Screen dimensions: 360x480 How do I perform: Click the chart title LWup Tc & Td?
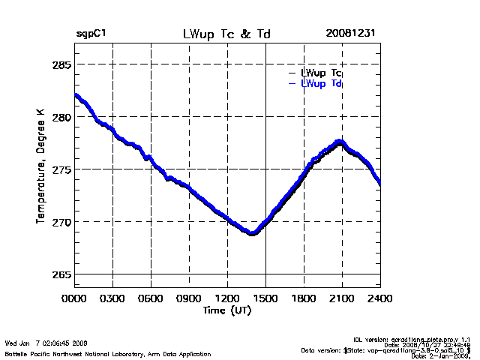226,34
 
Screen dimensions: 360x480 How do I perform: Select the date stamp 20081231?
350,34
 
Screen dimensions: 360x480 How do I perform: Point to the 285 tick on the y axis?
60,64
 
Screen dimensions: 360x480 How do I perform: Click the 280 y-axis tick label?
60,117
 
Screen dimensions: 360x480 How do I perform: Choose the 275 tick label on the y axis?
60,169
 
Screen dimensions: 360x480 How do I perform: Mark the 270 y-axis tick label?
60,222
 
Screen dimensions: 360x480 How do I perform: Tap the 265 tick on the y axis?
60,274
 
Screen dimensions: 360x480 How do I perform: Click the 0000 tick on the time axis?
74,298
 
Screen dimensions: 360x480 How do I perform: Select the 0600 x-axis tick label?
151,298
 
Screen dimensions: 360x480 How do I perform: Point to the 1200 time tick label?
227,298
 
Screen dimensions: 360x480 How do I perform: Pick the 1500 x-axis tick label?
265,298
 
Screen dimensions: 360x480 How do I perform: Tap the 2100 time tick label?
342,298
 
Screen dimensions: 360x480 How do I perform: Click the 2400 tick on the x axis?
380,298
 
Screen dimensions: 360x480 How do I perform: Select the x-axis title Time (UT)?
226,310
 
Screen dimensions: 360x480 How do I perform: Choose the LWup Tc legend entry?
321,73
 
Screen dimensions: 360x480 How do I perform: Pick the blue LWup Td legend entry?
321,83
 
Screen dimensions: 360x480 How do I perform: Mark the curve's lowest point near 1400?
253,232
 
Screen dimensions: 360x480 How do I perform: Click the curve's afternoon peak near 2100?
340,142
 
